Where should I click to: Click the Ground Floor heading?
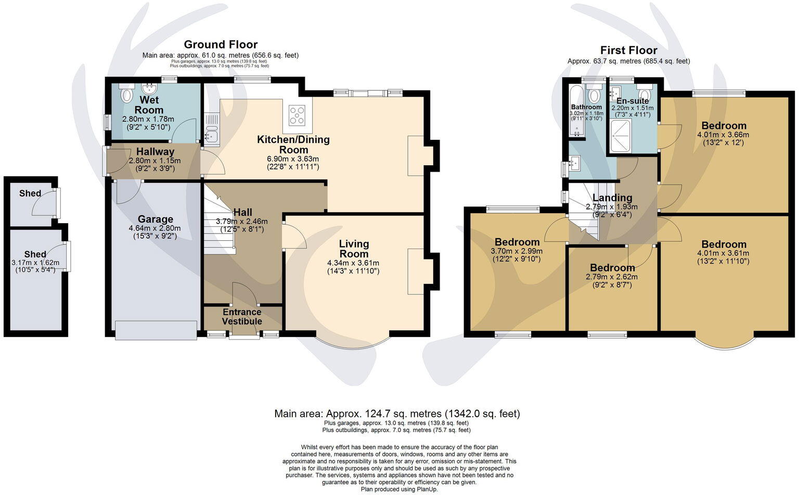221,45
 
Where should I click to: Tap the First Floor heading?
628,50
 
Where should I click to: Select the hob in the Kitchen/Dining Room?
297,115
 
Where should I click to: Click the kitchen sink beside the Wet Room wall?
211,135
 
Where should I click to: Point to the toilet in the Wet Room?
126,96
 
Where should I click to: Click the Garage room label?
156,219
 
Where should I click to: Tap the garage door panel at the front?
156,330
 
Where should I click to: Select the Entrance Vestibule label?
242,317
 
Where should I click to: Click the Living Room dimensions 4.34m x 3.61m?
354,263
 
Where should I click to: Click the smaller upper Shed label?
30,193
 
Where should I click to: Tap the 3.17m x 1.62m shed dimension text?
35,263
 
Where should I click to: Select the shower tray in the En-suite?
621,136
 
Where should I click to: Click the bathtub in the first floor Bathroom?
574,112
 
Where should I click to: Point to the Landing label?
612,198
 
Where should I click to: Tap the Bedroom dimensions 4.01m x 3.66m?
723,134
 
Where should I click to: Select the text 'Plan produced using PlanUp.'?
399,489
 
